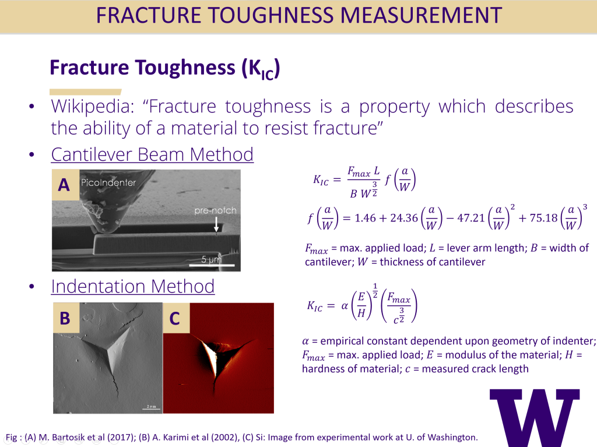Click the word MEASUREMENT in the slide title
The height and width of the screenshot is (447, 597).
click(x=421, y=15)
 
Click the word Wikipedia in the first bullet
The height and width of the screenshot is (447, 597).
click(x=93, y=106)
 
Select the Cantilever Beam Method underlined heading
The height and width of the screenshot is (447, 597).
click(x=152, y=154)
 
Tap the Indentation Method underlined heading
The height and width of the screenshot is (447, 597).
click(x=133, y=286)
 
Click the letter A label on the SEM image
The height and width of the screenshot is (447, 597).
click(x=64, y=185)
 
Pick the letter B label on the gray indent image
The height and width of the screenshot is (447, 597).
click(x=65, y=318)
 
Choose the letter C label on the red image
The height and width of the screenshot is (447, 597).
click(x=175, y=318)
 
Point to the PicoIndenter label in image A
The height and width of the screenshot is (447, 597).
click(x=108, y=182)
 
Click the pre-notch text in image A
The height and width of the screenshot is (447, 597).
click(x=215, y=210)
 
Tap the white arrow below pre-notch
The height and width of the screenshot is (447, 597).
click(x=216, y=224)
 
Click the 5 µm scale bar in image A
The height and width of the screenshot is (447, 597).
click(x=212, y=265)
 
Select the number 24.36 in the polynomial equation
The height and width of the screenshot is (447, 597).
click(x=403, y=218)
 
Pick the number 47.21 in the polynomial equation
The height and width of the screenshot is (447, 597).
click(x=470, y=218)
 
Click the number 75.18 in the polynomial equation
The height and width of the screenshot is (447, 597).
click(x=543, y=218)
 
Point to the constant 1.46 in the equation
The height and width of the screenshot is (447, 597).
click(x=365, y=218)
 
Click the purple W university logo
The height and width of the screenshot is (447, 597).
click(x=535, y=418)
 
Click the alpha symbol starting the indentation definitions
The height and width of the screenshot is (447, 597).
click(x=305, y=341)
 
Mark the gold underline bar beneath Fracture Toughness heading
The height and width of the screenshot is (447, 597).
click(x=85, y=91)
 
